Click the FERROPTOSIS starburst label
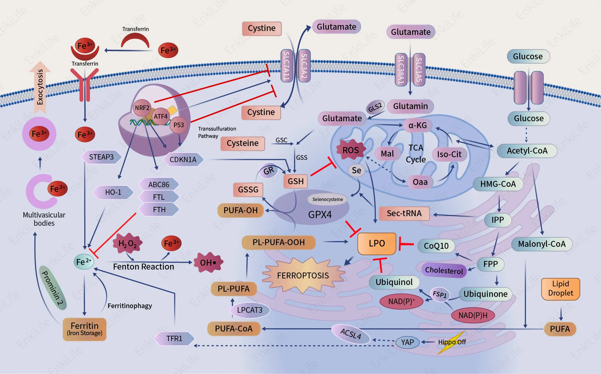tap(303, 275)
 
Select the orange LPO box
tap(377, 244)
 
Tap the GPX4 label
tap(319, 215)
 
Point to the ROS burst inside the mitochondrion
tap(350, 150)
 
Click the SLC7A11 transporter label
tap(286, 66)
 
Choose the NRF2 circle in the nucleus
tap(142, 108)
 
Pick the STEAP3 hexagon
tap(101, 157)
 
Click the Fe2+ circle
tap(83, 262)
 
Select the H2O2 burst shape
tap(127, 244)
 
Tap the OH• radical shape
tap(209, 263)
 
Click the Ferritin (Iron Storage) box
tap(84, 329)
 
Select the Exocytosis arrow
tap(40, 87)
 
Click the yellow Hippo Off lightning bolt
tap(452, 342)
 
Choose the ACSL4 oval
tap(350, 334)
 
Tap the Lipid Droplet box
tap(560, 289)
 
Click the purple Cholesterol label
tap(444, 270)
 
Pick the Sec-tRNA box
tap(404, 214)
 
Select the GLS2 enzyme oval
tap(375, 107)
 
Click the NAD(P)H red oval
tap(473, 315)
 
